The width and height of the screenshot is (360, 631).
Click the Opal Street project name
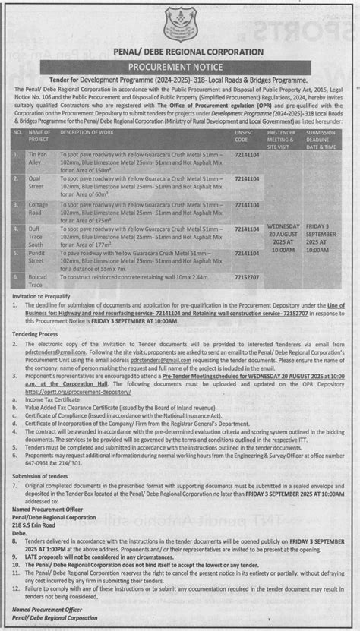39,181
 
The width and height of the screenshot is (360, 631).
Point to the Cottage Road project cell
39,209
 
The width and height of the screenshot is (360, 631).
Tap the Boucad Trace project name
39,282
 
